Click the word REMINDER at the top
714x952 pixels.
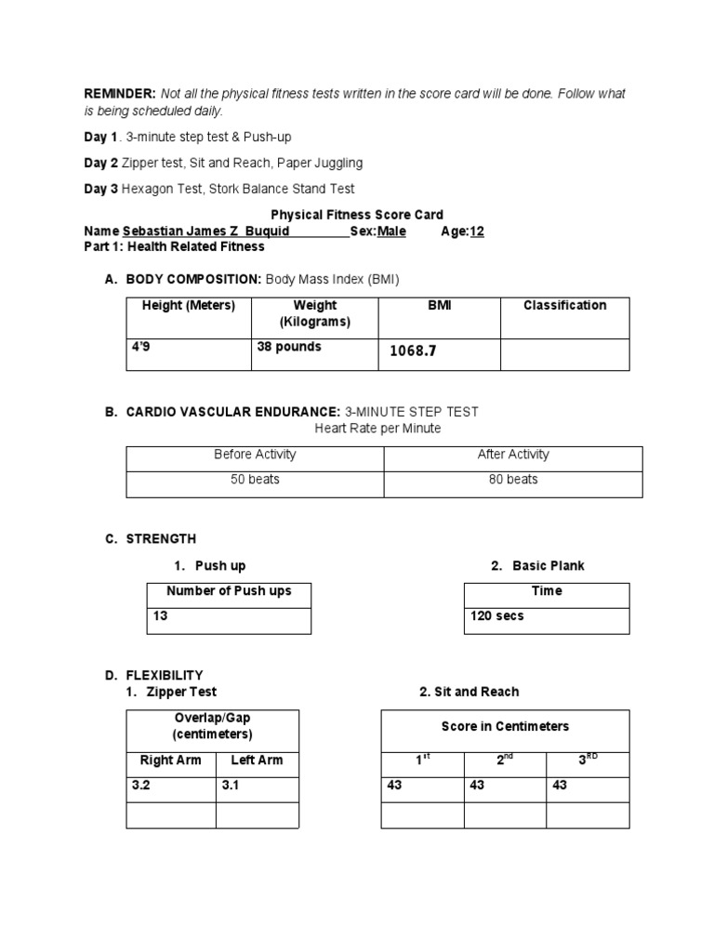121,95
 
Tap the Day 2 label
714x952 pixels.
100,163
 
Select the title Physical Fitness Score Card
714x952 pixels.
357,215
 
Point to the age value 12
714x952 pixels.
477,231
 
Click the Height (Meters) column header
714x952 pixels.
189,306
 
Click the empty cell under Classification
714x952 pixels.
564,354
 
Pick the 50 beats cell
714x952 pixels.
255,480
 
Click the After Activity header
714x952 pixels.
513,455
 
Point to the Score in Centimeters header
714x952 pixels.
505,726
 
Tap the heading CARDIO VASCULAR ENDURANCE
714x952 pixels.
233,411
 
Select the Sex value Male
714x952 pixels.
391,231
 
